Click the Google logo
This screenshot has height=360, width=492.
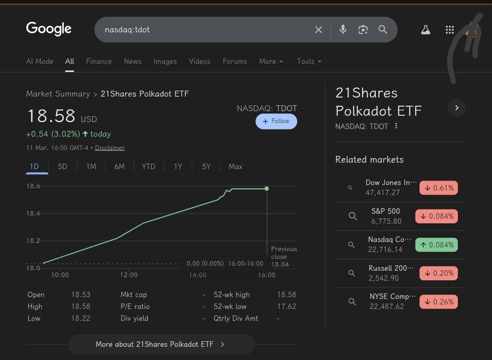[49, 29]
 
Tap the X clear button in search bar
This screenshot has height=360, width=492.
[318, 30]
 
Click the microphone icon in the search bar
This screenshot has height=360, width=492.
[343, 30]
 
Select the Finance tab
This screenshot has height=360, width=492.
[99, 61]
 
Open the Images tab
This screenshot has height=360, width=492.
[165, 61]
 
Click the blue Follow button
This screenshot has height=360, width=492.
[276, 121]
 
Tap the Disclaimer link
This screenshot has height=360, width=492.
[110, 148]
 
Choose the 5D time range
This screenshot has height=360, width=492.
[62, 166]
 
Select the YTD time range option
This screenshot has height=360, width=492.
[149, 166]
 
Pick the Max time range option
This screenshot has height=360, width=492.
[235, 166]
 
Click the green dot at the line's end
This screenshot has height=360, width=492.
[266, 189]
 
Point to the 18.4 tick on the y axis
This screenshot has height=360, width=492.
[33, 213]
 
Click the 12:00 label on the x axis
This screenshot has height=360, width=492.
[129, 275]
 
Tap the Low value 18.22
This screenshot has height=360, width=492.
[81, 318]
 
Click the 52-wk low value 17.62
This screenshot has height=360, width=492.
[287, 306]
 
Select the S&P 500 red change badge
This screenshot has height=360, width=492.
[436, 216]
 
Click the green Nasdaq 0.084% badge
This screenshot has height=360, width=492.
[436, 245]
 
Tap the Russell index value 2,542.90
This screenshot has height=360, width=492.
[383, 278]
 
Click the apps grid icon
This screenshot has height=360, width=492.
[450, 30]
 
